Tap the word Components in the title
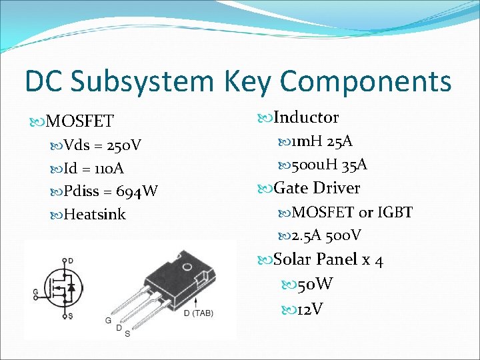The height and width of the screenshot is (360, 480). click(x=366, y=81)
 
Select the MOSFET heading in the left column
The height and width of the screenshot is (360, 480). click(x=80, y=121)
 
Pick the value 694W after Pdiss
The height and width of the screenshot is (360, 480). click(x=137, y=191)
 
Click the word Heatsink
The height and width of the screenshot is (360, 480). click(x=94, y=215)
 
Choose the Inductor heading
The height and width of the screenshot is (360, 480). click(x=306, y=117)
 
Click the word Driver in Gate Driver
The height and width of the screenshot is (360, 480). click(x=336, y=188)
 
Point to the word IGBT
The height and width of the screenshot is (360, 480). click(x=395, y=212)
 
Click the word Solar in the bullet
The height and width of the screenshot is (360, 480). click(x=293, y=259)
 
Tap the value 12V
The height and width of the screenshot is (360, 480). click(x=311, y=309)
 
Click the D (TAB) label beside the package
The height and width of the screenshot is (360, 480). click(x=198, y=313)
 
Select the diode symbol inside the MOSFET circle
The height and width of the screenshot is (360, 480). click(x=72, y=288)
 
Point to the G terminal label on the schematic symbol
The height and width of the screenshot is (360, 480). click(x=35, y=292)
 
